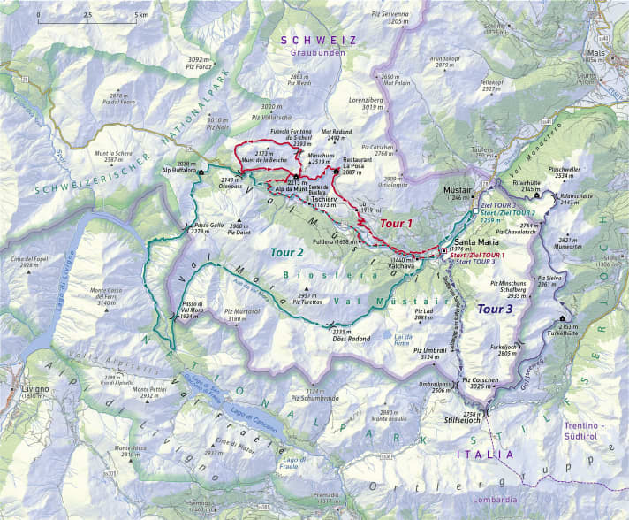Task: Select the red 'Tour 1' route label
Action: tap(396, 224)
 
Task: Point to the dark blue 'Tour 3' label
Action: tap(494, 309)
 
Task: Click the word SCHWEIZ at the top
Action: tap(317, 41)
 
